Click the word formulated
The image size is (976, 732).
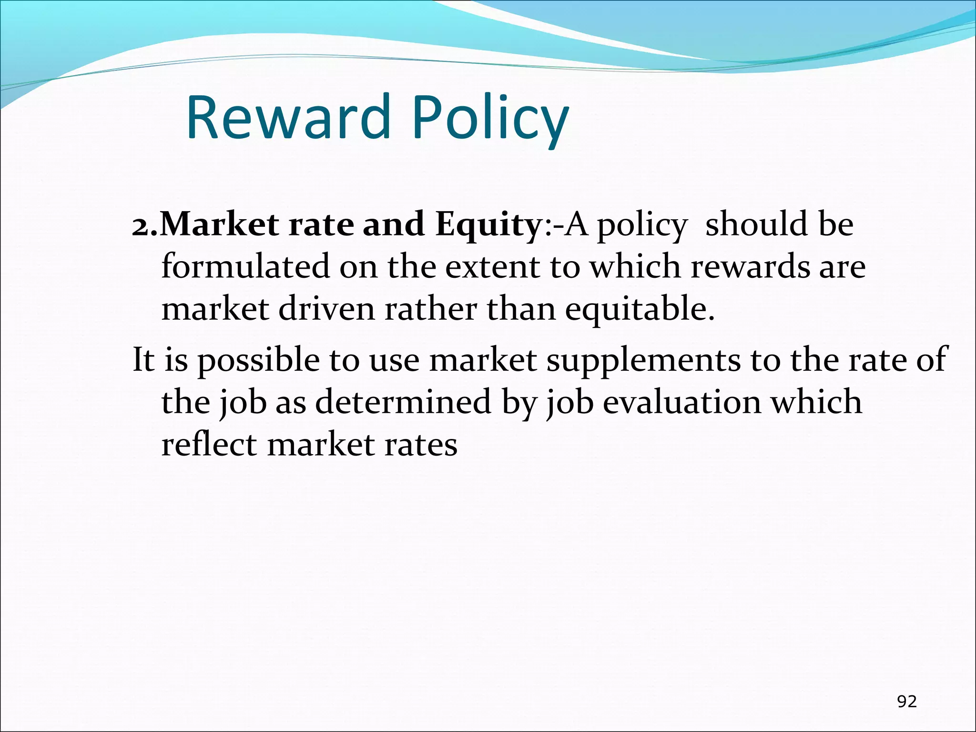(245, 266)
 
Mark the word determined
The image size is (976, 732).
(403, 402)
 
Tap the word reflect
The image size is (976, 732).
(209, 444)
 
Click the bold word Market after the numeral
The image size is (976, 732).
(219, 224)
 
